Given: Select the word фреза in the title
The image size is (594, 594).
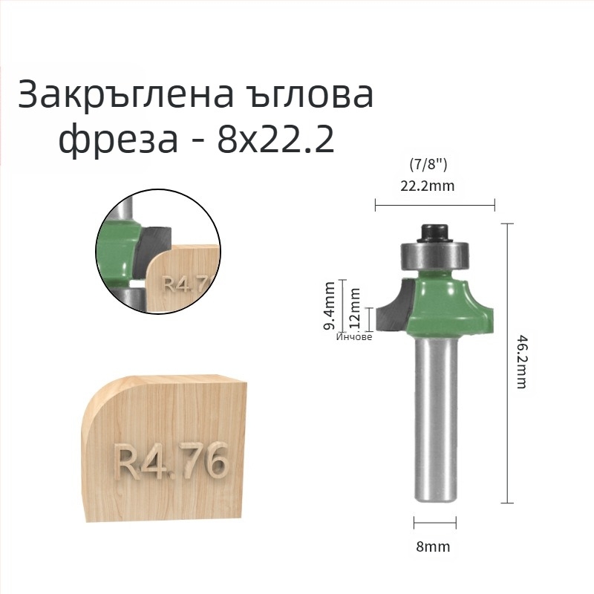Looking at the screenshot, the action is click(118, 139).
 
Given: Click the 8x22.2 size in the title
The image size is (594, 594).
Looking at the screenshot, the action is click(275, 139).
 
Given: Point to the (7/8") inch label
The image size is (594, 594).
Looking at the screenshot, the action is click(428, 164).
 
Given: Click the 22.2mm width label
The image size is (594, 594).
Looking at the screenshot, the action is click(428, 186).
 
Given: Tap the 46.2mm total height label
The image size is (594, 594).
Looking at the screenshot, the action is click(522, 361).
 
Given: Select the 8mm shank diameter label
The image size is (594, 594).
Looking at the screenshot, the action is click(433, 546).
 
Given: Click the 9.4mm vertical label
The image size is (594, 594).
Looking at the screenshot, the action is click(330, 305).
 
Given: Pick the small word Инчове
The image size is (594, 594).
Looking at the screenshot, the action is click(354, 337).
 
